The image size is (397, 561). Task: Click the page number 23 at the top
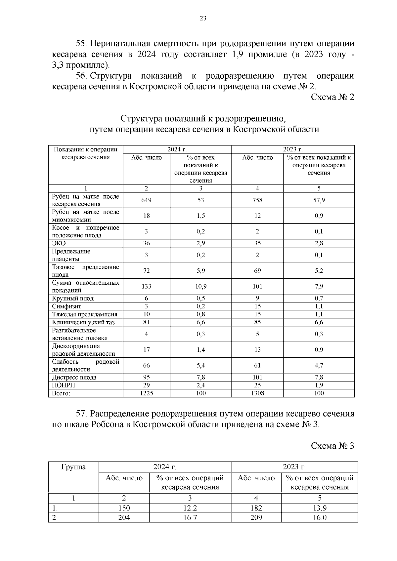tap(203, 19)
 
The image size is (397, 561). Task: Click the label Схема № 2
tap(332, 97)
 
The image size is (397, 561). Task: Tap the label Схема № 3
tap(332, 446)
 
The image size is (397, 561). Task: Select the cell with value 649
tap(146, 200)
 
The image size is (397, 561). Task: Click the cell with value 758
tap(257, 200)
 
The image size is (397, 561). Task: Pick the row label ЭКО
tap(59, 243)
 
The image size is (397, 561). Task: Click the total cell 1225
tap(146, 393)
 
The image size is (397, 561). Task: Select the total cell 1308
tap(257, 393)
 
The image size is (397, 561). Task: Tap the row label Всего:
tap(61, 393)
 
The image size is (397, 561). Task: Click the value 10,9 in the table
tap(201, 286)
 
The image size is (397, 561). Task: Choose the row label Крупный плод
tap(73, 298)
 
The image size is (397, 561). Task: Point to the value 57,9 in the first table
tap(319, 200)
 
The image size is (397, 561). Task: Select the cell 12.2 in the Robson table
tap(190, 508)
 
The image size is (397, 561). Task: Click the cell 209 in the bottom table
tap(256, 518)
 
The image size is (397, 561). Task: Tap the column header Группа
tap(73, 467)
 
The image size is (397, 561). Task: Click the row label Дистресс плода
tap(74, 377)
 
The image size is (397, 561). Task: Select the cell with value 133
tap(146, 286)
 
